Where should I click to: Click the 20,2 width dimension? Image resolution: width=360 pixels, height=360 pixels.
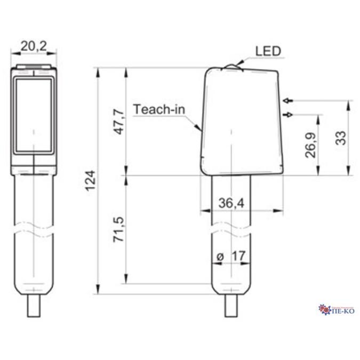pyautogui.click(x=34, y=46)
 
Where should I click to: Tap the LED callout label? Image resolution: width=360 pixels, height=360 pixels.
pyautogui.click(x=268, y=51)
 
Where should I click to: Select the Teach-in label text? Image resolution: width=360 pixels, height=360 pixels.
pyautogui.click(x=159, y=109)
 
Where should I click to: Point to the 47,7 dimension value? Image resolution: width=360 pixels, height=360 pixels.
pyautogui.click(x=119, y=122)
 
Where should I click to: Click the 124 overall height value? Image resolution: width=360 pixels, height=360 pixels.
pyautogui.click(x=91, y=181)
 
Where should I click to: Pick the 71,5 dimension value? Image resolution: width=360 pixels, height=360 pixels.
pyautogui.click(x=119, y=229)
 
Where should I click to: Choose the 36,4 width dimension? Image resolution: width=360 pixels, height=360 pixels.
pyautogui.click(x=231, y=203)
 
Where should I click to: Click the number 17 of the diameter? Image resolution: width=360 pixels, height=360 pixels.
pyautogui.click(x=239, y=256)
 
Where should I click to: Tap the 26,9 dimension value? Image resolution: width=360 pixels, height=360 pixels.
pyautogui.click(x=310, y=145)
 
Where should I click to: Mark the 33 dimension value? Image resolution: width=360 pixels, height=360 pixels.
pyautogui.click(x=341, y=138)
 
